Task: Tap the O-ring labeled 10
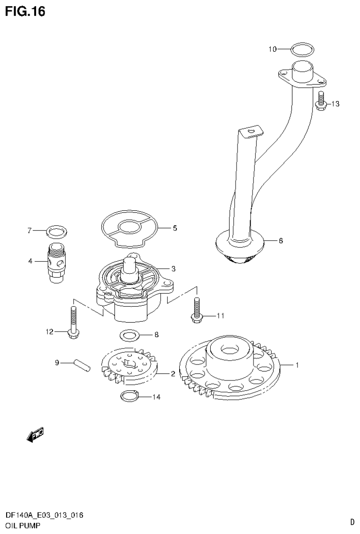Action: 300,49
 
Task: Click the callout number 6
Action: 281,241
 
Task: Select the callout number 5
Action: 175,228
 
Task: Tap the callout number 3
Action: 173,269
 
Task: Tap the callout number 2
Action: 173,374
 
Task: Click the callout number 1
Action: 296,364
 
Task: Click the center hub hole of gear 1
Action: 229,349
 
